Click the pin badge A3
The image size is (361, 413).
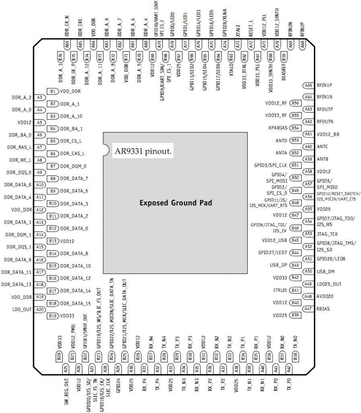pos(39,97)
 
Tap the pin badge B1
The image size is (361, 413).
pos(53,91)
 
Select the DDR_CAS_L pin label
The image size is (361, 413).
pos(72,154)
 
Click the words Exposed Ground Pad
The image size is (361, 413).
pos(175,202)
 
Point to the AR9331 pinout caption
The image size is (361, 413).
pos(143,152)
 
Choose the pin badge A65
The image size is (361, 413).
pos(308,85)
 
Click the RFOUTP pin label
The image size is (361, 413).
pos(325,109)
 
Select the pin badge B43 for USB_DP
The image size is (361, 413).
pos(295,265)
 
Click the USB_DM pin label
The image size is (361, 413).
pos(326,271)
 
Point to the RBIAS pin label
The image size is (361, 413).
pos(323,309)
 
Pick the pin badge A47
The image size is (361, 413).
pos(308,309)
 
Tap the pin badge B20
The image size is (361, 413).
pos(59,357)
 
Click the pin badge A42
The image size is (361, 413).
pos(289,368)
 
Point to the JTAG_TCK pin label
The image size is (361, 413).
pos(328,234)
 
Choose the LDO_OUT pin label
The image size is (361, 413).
pos(22,309)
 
